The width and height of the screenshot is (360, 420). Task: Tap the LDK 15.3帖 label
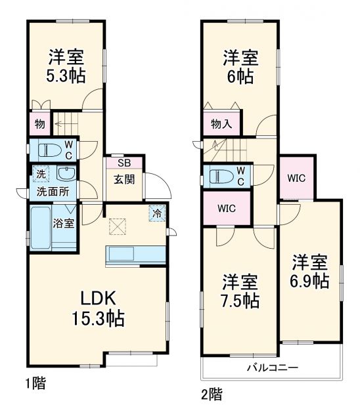99,308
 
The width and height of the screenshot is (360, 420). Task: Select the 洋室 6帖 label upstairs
239,66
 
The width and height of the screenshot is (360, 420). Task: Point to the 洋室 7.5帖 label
240,291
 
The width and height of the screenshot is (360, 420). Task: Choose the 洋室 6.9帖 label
310,272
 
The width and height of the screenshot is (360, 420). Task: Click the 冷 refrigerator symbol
158,213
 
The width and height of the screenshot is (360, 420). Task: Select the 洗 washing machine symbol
41,175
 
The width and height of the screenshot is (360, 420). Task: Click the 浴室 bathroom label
63,223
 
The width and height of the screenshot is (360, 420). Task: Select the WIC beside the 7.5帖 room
227,209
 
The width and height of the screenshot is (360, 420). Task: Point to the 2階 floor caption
212,394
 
